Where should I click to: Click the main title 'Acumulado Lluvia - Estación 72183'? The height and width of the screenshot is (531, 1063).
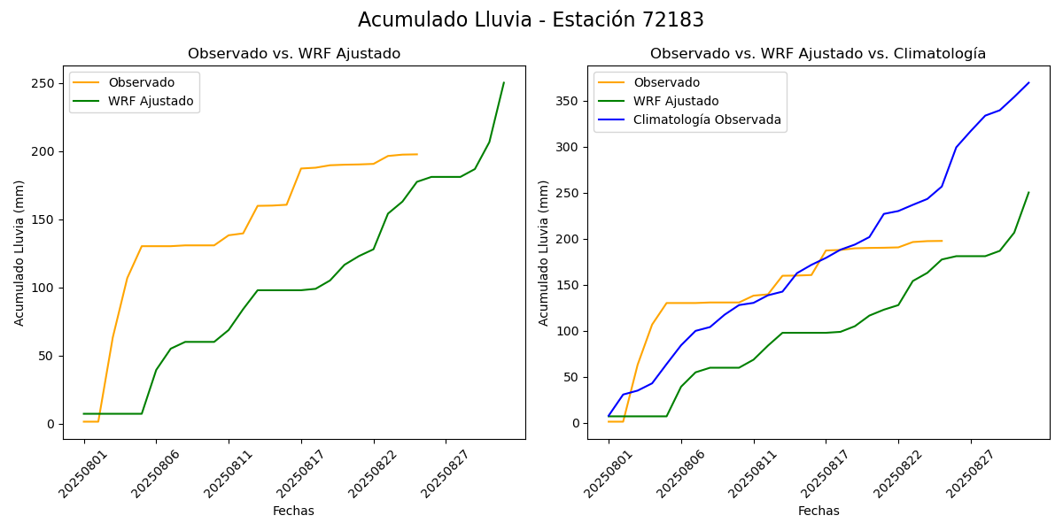(531, 20)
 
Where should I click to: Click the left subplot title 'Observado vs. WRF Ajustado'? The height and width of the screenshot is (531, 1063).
(294, 54)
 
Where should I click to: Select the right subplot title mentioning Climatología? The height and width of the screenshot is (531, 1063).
(818, 54)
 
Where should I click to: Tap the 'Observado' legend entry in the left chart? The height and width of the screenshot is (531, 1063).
(141, 82)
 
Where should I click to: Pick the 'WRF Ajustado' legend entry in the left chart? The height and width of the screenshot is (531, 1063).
(151, 101)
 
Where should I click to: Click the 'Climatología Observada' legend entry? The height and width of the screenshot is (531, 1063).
(707, 119)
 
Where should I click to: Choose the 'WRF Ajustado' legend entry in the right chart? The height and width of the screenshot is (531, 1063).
(676, 101)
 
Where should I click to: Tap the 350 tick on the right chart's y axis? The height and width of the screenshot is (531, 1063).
(568, 101)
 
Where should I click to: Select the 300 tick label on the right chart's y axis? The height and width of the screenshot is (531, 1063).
(568, 147)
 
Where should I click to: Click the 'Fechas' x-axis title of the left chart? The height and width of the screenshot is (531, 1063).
(293, 511)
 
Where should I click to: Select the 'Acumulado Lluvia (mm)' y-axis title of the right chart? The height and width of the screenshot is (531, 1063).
(544, 253)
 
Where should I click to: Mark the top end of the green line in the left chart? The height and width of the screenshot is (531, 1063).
(504, 82)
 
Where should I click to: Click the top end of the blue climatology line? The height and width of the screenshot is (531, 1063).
(1028, 82)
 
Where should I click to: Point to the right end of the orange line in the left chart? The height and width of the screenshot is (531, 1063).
(417, 154)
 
